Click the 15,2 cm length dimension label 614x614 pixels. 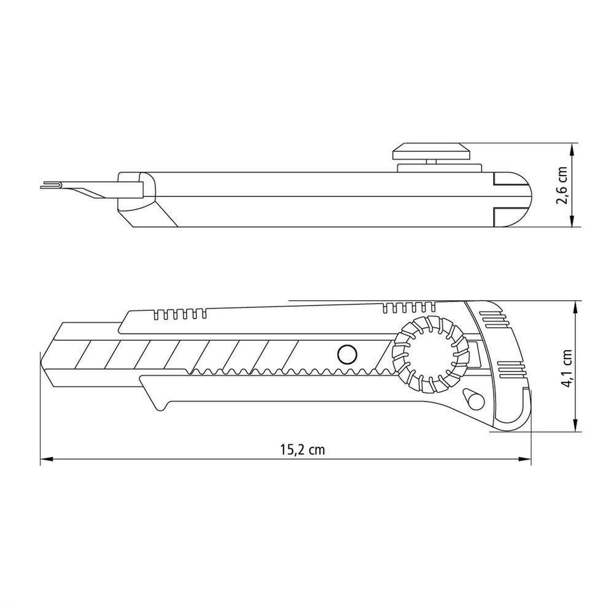coord(302,449)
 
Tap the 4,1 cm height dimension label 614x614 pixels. coord(567,368)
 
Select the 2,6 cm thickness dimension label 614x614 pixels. coord(562,185)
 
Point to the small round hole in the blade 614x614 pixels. coord(348,355)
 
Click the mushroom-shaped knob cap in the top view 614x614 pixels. coord(431,151)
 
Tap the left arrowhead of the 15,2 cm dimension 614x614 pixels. coord(46,459)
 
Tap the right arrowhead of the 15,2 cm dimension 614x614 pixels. coord(526,459)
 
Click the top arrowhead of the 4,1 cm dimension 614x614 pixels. coord(575,308)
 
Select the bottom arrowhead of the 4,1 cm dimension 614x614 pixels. coord(575,426)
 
